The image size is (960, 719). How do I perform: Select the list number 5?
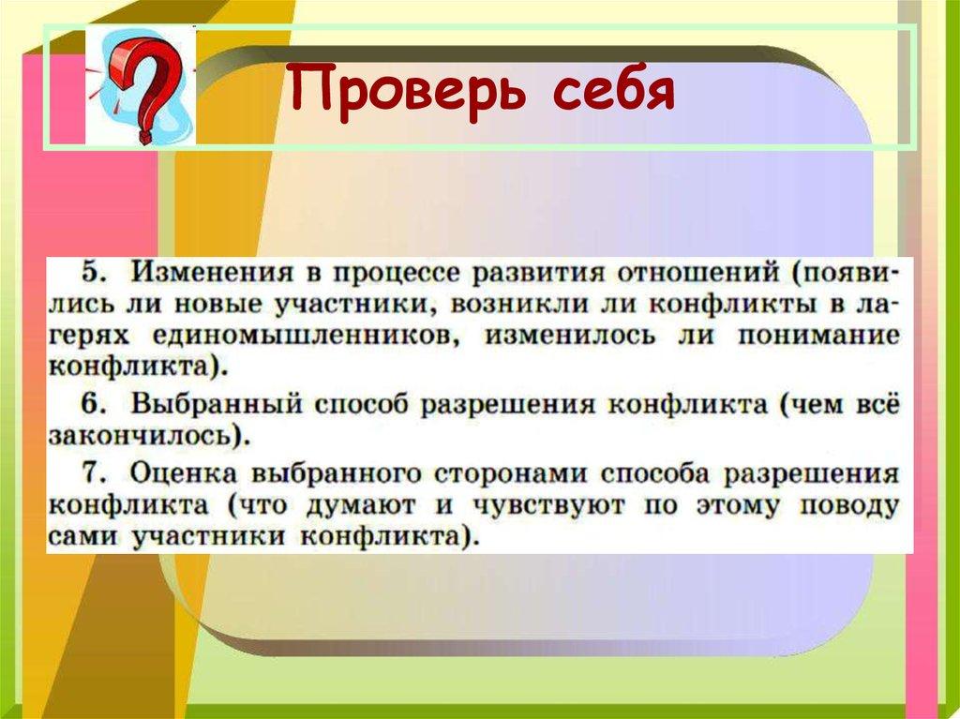pyautogui.click(x=90, y=273)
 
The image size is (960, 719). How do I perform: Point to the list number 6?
pyautogui.click(x=90, y=404)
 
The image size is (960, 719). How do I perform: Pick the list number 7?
pyautogui.click(x=90, y=472)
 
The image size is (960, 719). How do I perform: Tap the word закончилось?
pyautogui.click(x=138, y=436)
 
